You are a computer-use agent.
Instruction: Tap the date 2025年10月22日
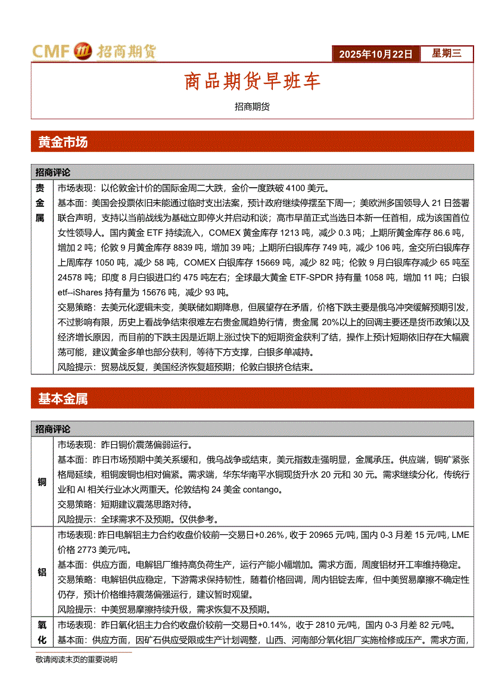(375, 54)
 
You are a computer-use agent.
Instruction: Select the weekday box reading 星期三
(446, 54)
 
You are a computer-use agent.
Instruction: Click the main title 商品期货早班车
(252, 82)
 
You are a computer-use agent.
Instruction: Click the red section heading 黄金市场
(63, 142)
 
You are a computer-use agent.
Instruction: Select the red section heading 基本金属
(63, 399)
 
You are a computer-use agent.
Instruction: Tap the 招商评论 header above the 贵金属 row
(52, 172)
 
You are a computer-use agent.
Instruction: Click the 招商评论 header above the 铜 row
(52, 429)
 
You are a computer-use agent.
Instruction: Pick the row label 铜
(42, 482)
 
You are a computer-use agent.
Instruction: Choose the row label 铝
(42, 572)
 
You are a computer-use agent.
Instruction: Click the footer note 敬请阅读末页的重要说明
(76, 659)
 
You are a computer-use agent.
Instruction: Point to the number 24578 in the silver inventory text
(71, 277)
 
